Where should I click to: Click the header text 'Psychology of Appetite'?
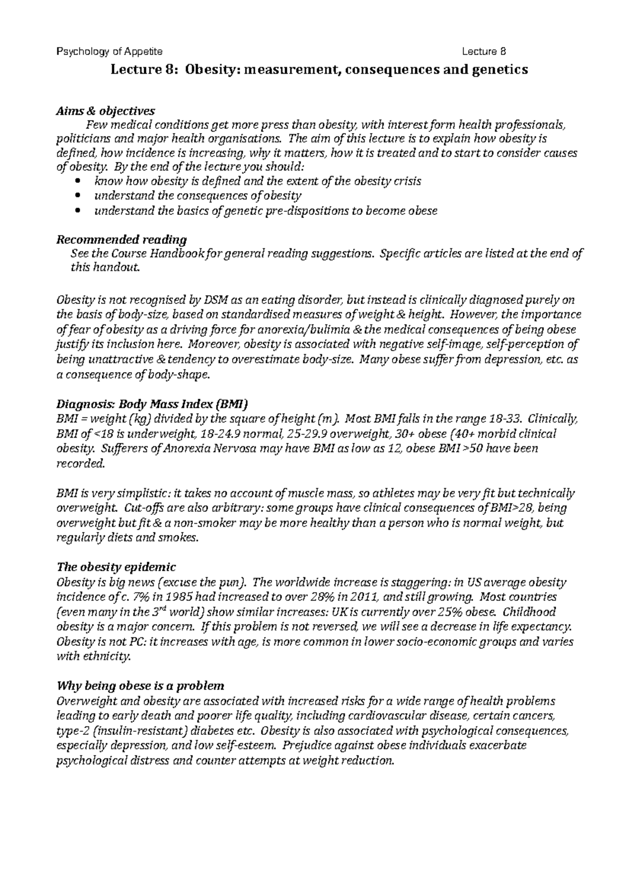[x=109, y=51]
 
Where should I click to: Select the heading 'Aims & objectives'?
[x=105, y=111]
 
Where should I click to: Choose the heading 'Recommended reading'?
[x=121, y=240]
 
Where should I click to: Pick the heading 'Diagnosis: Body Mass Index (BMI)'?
[x=151, y=405]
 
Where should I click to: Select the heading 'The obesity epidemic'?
[x=116, y=568]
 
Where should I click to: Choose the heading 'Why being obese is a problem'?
[x=140, y=686]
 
